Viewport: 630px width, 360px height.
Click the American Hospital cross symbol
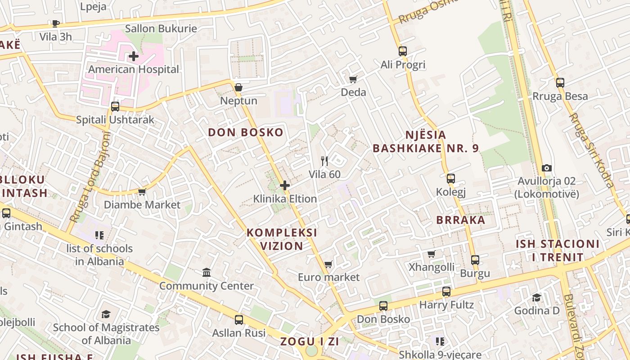134,57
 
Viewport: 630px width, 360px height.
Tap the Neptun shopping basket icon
238,87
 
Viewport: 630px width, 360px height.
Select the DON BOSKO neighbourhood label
246,132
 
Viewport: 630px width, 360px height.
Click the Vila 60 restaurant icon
324,161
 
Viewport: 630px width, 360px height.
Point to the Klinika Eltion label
285,198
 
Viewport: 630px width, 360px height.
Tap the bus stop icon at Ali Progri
403,51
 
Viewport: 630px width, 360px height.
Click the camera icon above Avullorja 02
547,168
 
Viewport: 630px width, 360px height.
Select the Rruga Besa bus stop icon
560,83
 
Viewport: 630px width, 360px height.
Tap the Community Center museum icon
207,272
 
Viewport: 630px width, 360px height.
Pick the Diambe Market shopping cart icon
142,192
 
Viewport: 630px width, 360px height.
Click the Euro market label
329,277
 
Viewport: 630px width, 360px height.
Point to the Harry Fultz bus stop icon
446,292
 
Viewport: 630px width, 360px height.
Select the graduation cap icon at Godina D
537,297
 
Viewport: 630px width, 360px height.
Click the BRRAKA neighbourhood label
461,220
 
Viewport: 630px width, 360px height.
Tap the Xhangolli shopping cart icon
432,254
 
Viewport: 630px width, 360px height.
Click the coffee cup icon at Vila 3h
56,23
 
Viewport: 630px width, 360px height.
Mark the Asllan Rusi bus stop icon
239,320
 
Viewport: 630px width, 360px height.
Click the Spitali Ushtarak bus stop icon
115,107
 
